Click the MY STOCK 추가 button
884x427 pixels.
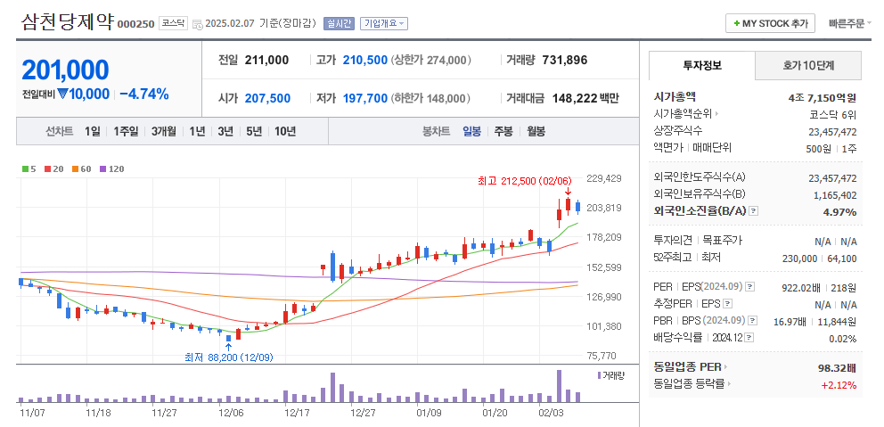772,23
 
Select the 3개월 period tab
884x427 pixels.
163,131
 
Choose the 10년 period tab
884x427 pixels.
285,131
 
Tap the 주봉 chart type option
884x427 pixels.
503,131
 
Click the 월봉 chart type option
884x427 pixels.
536,131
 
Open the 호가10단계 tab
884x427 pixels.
809,66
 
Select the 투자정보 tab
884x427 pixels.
702,66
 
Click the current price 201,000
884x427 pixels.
65,70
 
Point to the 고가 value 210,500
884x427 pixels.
364,60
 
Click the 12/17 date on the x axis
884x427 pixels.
297,414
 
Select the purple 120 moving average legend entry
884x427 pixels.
111,168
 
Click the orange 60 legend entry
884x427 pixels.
83,168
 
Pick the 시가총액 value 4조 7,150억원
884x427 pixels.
822,97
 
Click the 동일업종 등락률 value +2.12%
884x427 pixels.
839,385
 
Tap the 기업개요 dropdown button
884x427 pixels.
384,24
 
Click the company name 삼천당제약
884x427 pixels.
67,22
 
